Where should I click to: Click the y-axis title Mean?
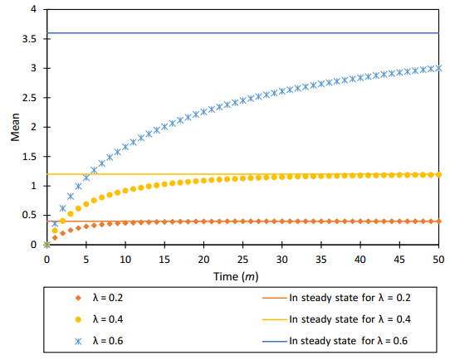click(15, 127)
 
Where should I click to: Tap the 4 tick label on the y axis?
click(33, 9)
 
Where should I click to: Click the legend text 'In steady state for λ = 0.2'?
click(348, 295)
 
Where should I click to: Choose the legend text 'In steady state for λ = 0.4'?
click(348, 319)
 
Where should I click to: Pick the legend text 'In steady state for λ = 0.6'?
click(348, 341)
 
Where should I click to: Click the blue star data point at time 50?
click(438, 68)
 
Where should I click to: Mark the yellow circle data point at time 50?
click(438, 174)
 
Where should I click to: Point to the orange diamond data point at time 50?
click(438, 221)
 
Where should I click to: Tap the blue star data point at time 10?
click(125, 147)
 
